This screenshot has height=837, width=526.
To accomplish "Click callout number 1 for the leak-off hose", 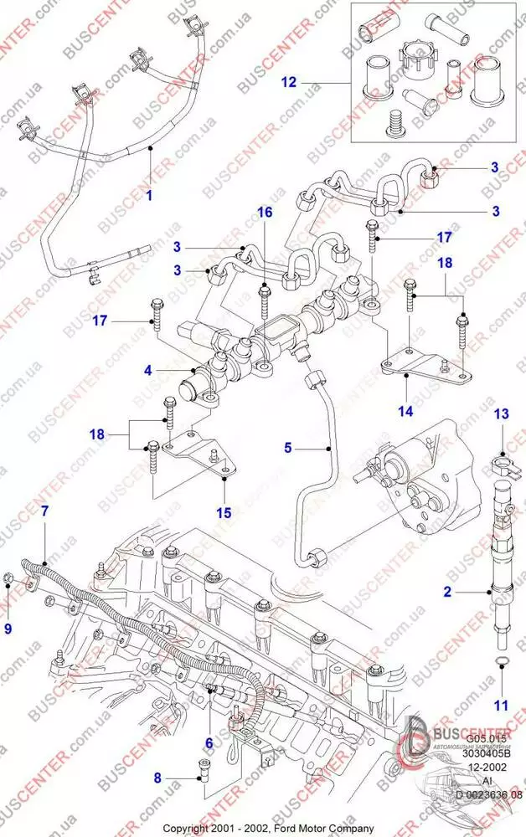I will click(x=148, y=197).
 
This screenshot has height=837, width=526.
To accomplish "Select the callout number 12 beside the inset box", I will click(x=289, y=83).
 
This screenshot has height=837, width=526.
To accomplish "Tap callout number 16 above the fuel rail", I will click(x=265, y=213).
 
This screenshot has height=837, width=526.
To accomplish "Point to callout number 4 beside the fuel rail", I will click(x=147, y=368).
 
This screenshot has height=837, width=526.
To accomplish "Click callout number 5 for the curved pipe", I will click(x=288, y=449).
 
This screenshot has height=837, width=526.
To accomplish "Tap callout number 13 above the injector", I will click(x=501, y=414).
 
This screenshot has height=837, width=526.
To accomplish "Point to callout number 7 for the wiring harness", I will click(x=44, y=510).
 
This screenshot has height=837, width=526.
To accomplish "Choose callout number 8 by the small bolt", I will click(x=156, y=778).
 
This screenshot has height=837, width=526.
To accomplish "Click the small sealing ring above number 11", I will click(x=500, y=663).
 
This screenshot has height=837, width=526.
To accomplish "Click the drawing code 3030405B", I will click(x=487, y=752).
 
